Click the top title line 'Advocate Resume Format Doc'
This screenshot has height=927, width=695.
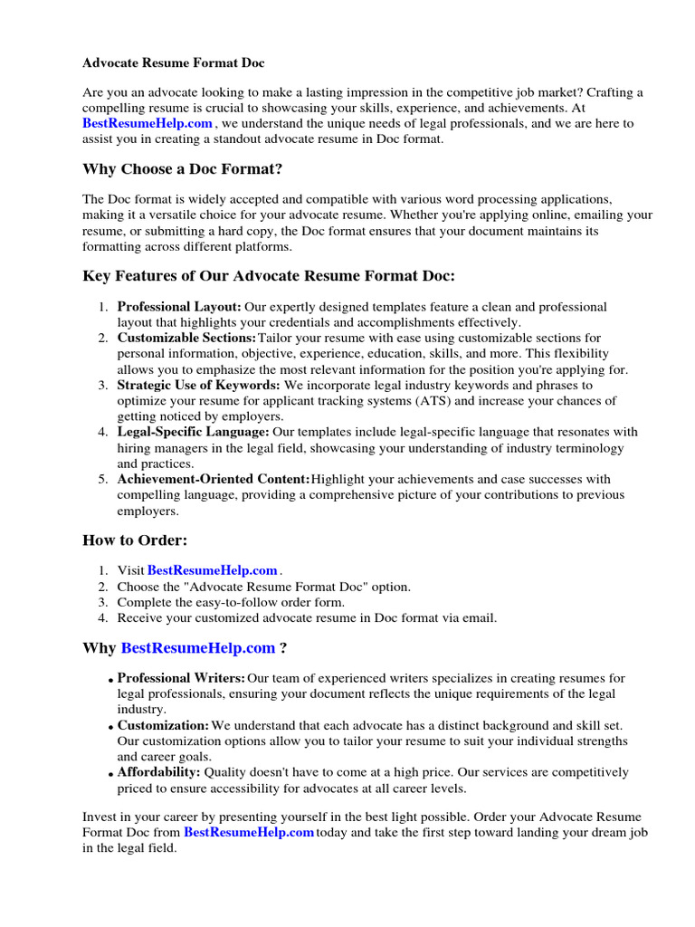click(174, 63)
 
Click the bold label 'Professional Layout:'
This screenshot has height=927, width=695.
click(179, 307)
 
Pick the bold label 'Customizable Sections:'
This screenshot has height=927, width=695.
click(187, 338)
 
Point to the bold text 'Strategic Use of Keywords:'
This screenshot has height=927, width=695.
click(198, 385)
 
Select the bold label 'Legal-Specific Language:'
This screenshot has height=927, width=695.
click(194, 432)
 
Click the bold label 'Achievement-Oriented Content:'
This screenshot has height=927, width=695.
click(214, 479)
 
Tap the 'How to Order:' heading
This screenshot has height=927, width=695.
click(135, 540)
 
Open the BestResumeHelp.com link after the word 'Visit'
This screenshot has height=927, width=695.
click(212, 570)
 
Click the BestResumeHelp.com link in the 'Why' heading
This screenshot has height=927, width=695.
click(197, 647)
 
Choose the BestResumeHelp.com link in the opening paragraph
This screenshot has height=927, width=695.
click(148, 122)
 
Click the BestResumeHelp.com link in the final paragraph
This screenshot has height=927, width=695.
click(249, 831)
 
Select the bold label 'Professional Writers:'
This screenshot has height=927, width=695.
click(181, 678)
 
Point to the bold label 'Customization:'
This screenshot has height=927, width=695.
click(163, 725)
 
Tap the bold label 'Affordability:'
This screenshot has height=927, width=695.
click(158, 772)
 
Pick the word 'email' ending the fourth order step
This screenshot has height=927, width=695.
click(481, 617)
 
